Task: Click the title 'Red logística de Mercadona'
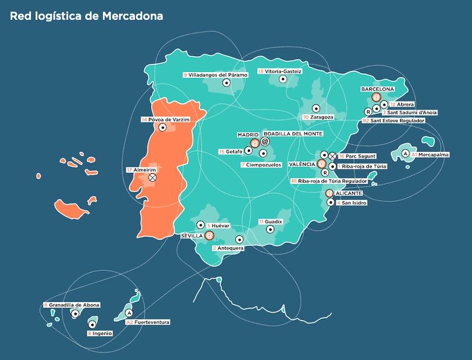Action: (86, 16)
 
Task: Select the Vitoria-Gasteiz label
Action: (280, 71)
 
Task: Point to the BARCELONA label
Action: (378, 89)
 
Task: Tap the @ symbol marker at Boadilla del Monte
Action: (265, 142)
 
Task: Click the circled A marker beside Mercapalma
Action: (405, 153)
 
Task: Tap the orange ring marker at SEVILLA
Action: (209, 235)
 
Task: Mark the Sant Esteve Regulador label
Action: (392, 120)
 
